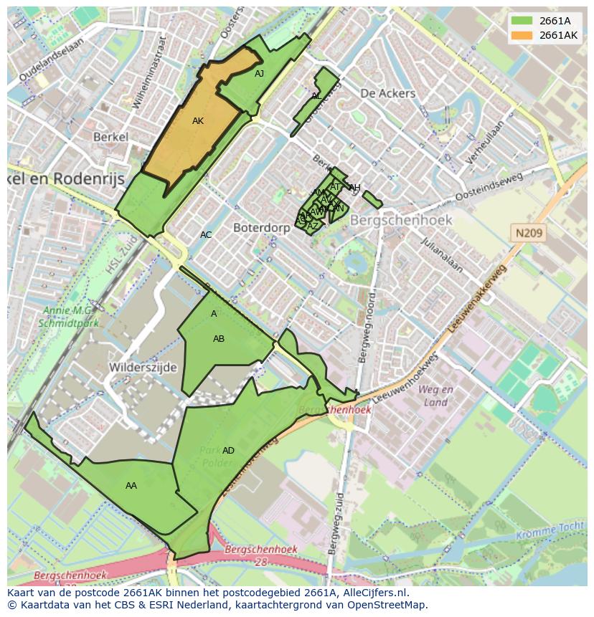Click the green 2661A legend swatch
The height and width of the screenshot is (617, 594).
[522, 21]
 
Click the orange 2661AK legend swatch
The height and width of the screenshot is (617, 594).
[522, 35]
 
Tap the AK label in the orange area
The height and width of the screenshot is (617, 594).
[198, 121]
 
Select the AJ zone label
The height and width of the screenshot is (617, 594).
[259, 73]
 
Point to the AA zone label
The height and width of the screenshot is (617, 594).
[131, 486]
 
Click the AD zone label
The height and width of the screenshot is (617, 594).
[228, 451]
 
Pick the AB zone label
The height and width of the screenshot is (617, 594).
[219, 339]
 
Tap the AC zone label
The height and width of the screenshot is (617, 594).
[206, 235]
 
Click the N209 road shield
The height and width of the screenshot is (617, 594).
[529, 233]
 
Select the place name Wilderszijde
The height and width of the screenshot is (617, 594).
[143, 367]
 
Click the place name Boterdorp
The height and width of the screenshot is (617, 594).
[261, 227]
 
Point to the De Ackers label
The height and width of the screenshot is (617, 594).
[387, 93]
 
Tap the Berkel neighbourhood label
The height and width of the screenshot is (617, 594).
[110, 137]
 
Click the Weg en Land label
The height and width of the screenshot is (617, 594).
[435, 396]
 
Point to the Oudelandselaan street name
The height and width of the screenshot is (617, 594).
[52, 59]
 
